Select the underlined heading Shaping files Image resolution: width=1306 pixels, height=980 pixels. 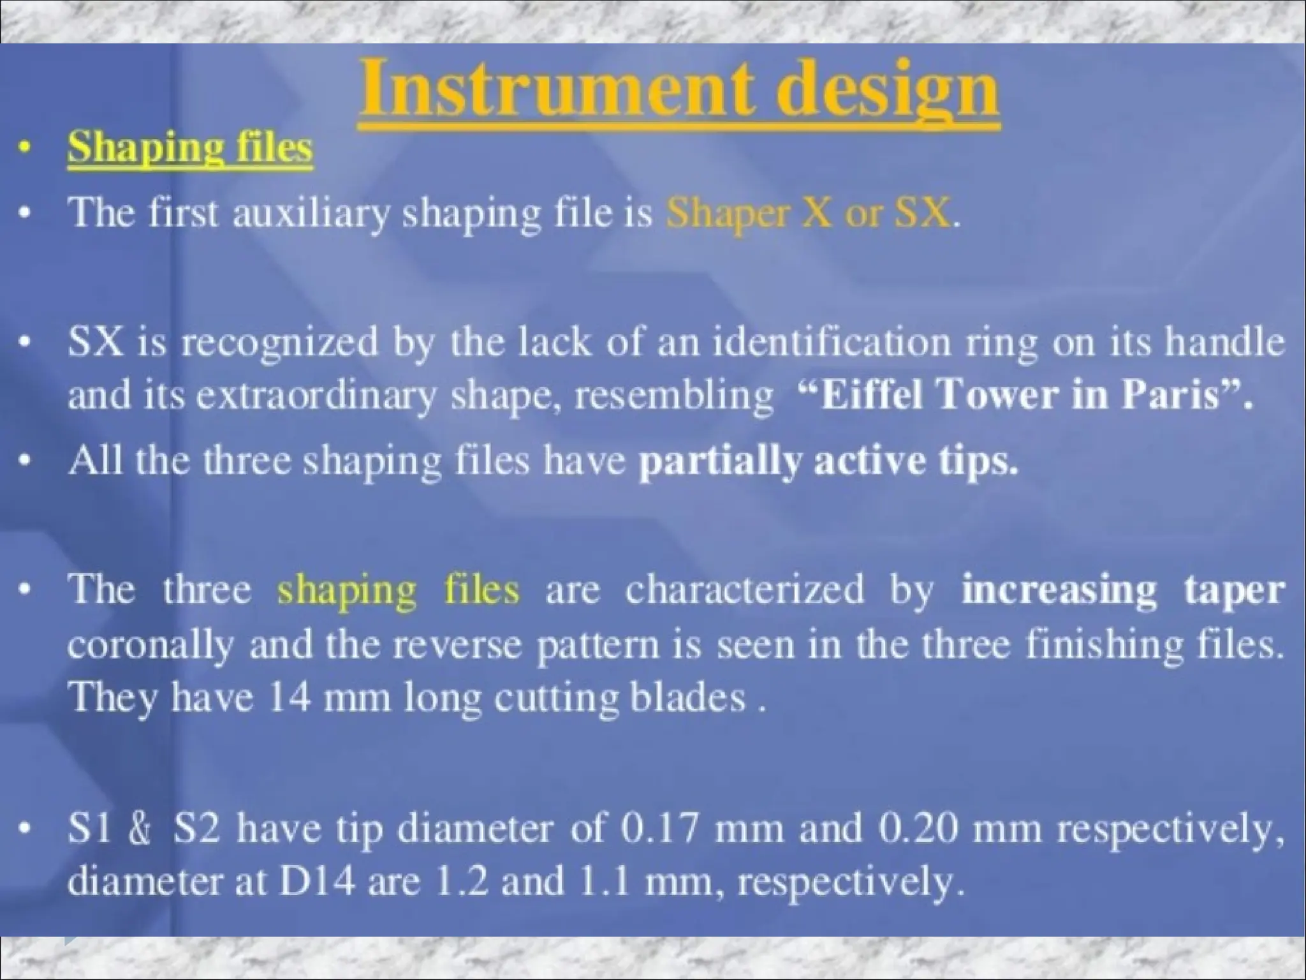click(190, 148)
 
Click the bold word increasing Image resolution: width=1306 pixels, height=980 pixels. click(1059, 590)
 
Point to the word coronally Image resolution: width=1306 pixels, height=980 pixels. click(150, 646)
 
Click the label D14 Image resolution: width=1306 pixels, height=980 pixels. click(316, 882)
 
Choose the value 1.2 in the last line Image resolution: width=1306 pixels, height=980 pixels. click(461, 882)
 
